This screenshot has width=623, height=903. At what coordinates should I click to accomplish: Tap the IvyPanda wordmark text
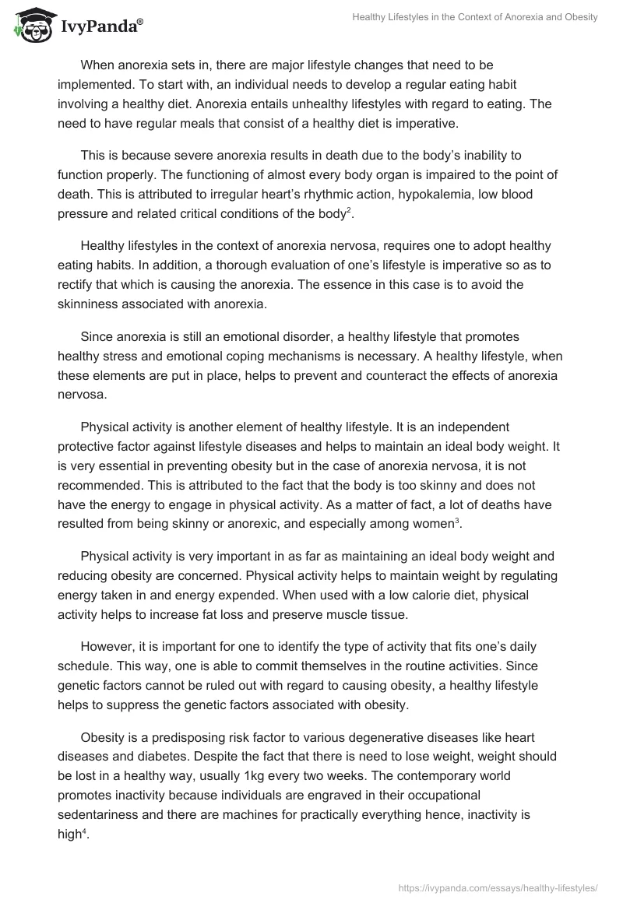(100, 27)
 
